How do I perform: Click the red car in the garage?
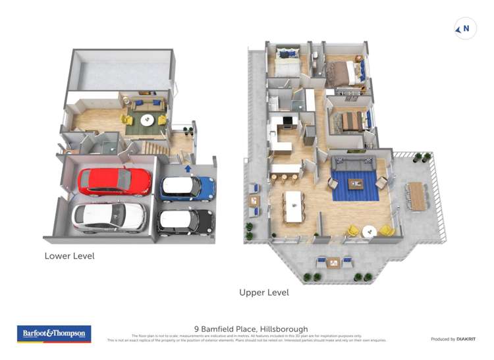click(113, 181)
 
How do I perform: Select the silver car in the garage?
click(109, 216)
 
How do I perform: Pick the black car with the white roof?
click(185, 220)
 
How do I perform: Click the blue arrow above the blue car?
click(189, 168)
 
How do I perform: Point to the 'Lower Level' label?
click(69, 255)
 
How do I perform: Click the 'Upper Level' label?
click(264, 292)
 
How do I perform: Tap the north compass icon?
click(465, 28)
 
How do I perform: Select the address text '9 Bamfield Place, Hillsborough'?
click(251, 329)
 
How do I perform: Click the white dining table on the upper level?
click(295, 206)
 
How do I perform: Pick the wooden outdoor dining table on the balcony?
click(416, 195)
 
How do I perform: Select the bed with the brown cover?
click(344, 75)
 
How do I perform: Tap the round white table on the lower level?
click(147, 120)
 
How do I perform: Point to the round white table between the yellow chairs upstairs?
click(370, 230)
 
